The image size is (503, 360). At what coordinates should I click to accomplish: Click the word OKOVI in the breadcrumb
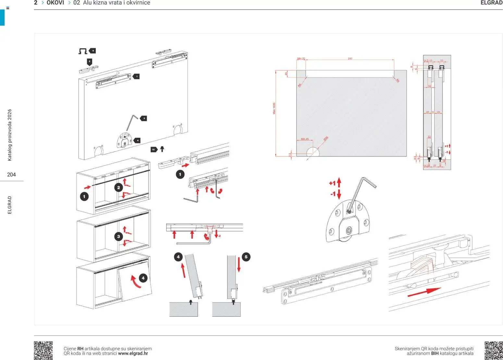[x=55, y=3]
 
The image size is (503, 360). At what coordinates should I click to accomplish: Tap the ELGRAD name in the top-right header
[x=491, y=3]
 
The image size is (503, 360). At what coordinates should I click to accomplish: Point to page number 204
[x=11, y=175]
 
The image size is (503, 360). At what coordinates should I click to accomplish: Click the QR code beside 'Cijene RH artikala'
[x=43, y=350]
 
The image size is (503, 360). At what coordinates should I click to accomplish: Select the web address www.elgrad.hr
[x=133, y=354]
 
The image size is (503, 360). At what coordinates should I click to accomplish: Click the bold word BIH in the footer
[x=435, y=354]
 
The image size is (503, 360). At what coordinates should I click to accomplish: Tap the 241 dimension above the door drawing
[x=350, y=59]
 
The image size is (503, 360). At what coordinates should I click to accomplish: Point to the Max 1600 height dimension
[x=274, y=108]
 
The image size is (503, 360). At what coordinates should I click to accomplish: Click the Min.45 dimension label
[x=305, y=139]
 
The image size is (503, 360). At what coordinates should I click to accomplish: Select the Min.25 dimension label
[x=301, y=59]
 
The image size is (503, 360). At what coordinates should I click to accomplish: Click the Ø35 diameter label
[x=326, y=138]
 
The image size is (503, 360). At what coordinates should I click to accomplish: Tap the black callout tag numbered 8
[x=143, y=118]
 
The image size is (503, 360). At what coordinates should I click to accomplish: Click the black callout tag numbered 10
[x=153, y=149]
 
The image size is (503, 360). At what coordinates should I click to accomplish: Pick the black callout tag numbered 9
[x=92, y=51]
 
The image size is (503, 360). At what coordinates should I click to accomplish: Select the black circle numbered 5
[x=246, y=257]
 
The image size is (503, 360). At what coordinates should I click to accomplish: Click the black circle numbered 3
[x=118, y=236]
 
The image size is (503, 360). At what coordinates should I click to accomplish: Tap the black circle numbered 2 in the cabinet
[x=118, y=187]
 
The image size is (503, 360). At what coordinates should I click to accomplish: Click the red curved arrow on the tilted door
[x=135, y=282]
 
